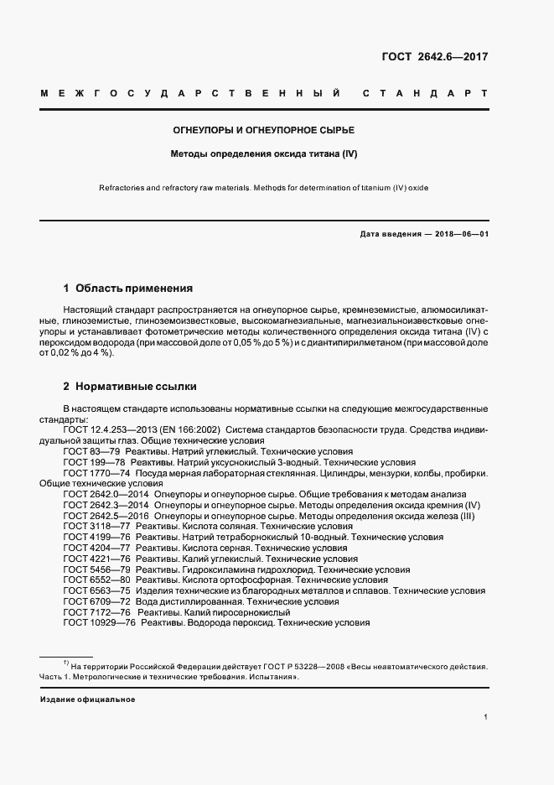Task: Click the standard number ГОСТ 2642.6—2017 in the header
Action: (435, 57)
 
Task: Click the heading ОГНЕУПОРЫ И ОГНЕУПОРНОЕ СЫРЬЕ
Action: (264, 132)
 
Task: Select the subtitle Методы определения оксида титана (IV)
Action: (264, 154)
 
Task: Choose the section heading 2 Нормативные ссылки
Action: (130, 387)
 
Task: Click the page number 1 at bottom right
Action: (485, 717)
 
